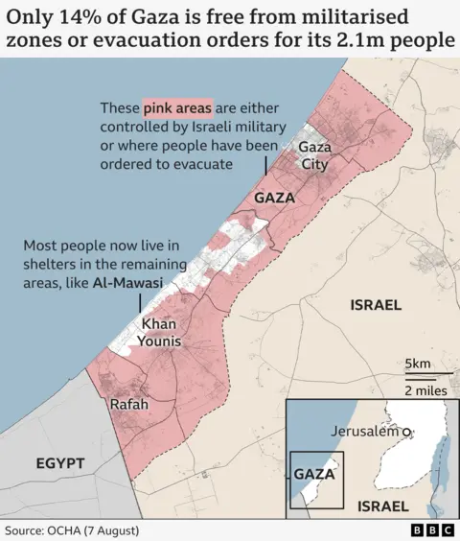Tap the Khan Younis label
161,333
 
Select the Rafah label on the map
129,405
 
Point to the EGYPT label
60,463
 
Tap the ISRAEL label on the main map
377,304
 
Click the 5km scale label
419,365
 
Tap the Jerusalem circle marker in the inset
408,433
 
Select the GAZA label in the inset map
315,474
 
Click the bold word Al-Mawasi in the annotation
128,284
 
